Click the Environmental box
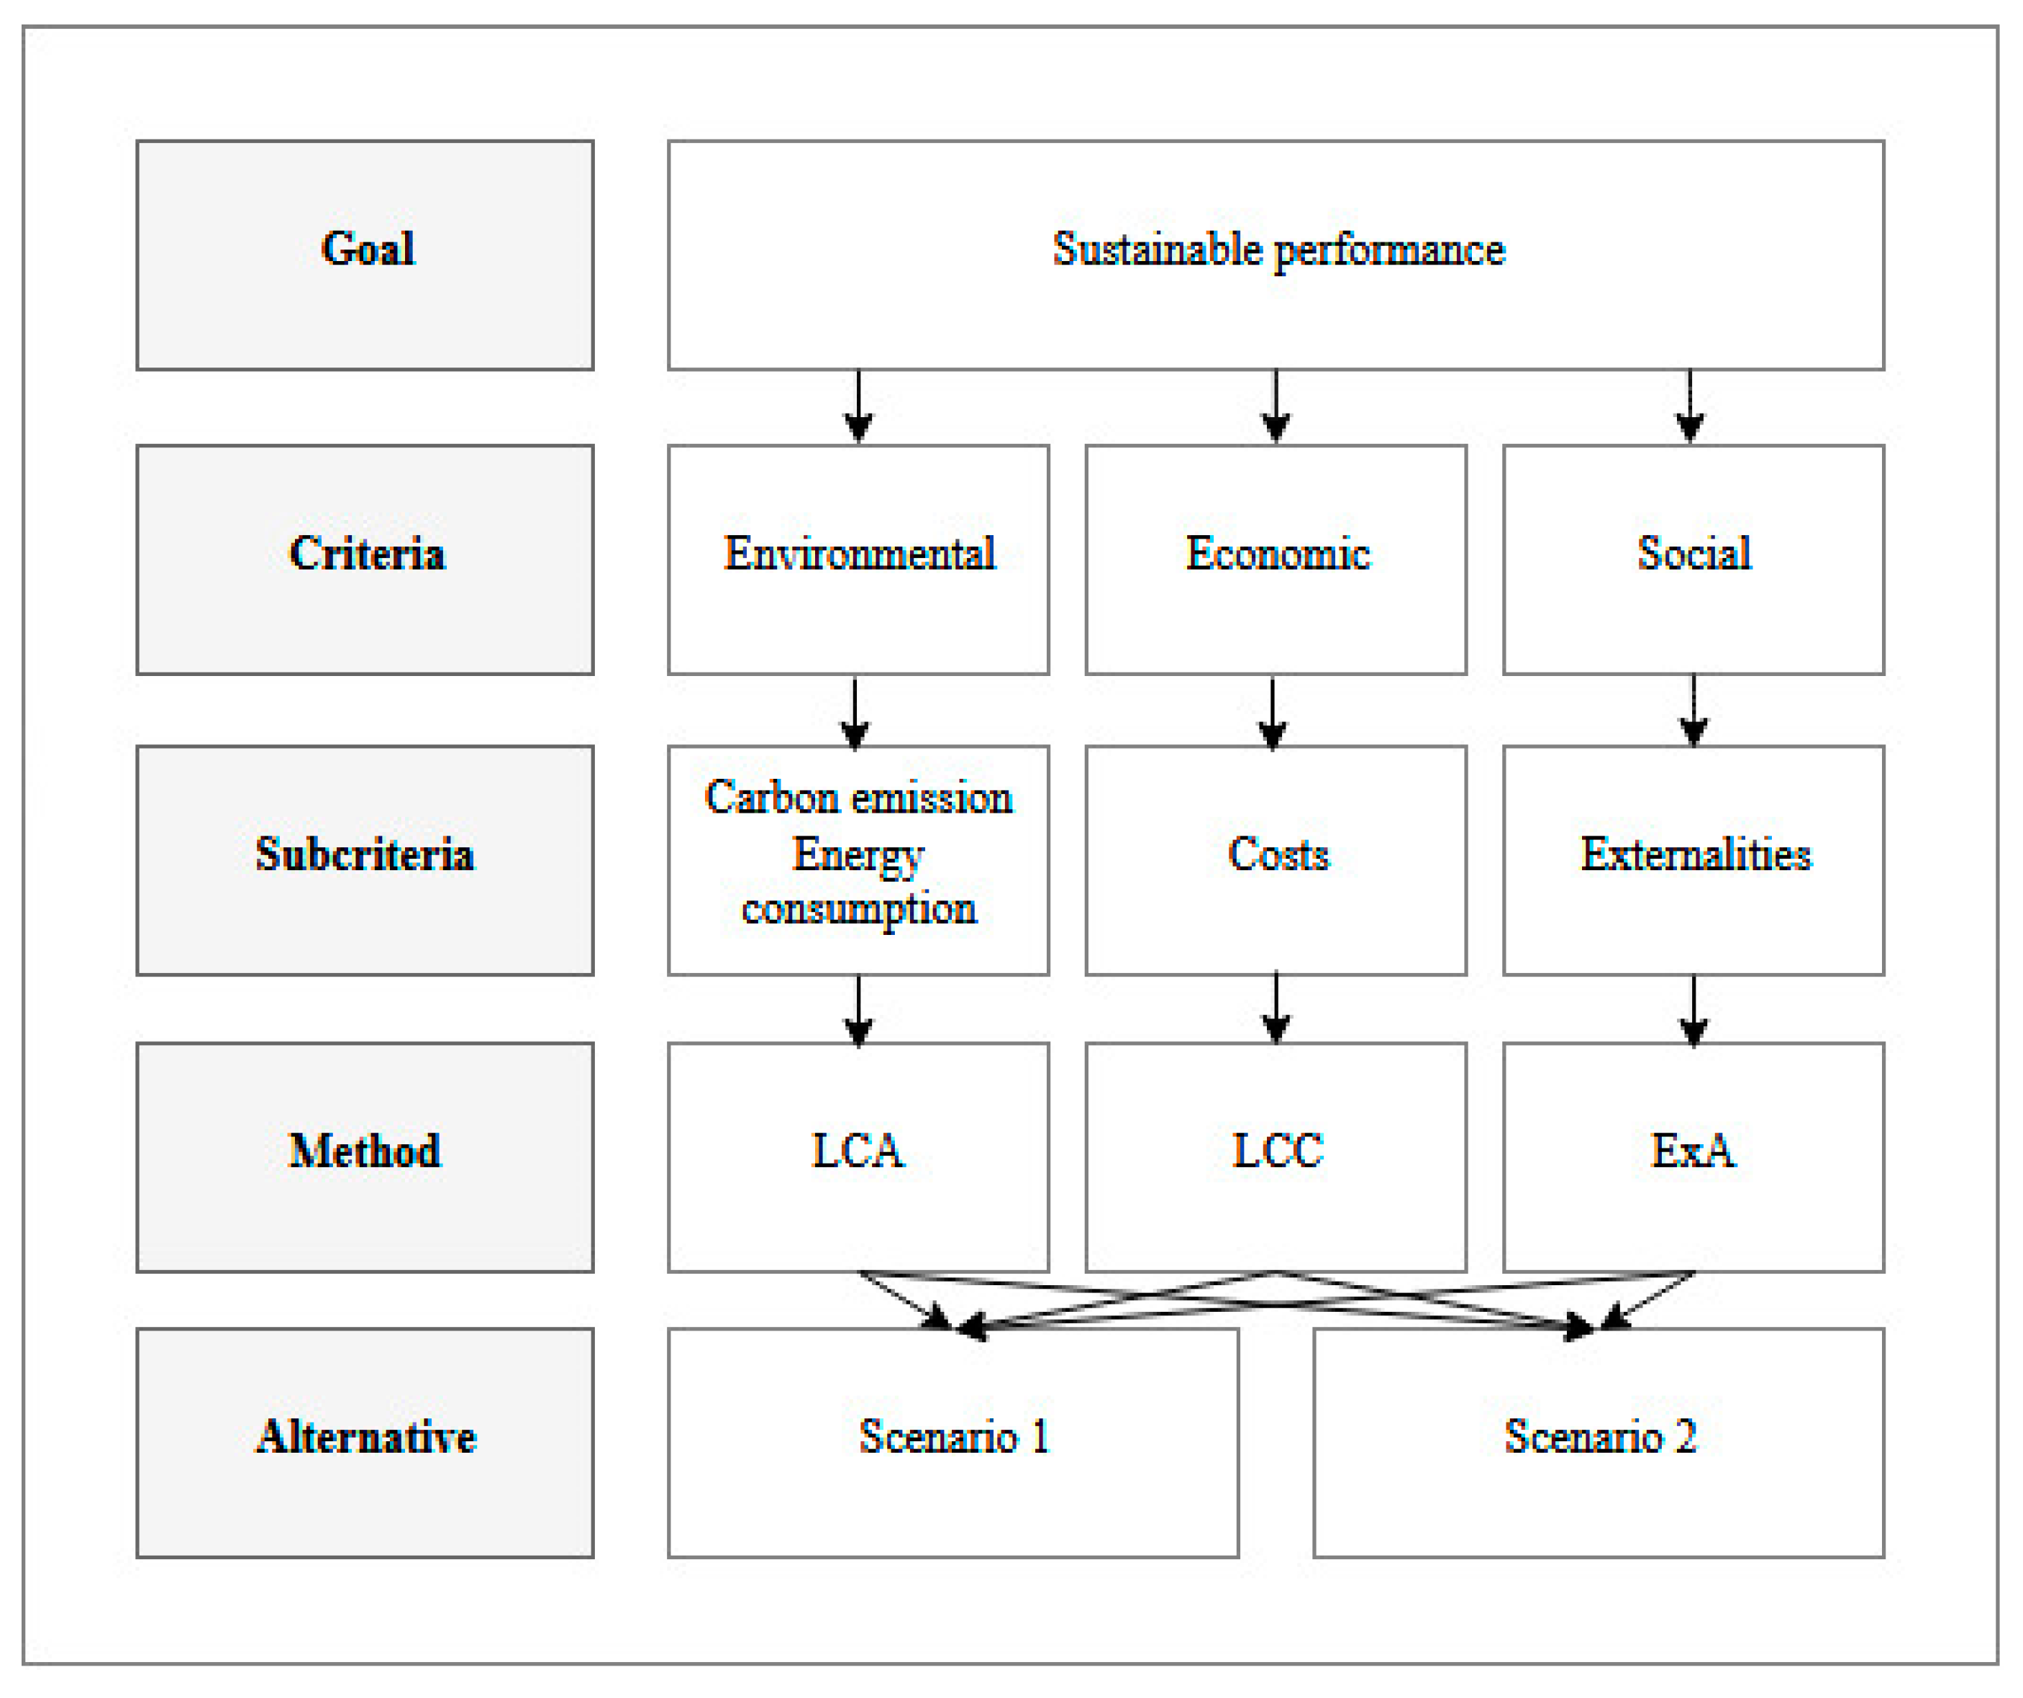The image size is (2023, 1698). tap(858, 559)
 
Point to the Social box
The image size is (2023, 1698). tap(1693, 559)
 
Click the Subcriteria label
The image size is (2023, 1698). tap(364, 854)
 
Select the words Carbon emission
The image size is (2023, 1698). tap(858, 798)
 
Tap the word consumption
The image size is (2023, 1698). tap(858, 908)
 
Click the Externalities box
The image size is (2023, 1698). tap(1693, 860)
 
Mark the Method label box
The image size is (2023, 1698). tap(364, 1156)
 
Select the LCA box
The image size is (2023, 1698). tap(858, 1156)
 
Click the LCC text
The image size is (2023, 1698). tap(1278, 1150)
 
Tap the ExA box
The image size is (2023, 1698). tap(1693, 1156)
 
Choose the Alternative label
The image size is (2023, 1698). tap(366, 1437)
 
